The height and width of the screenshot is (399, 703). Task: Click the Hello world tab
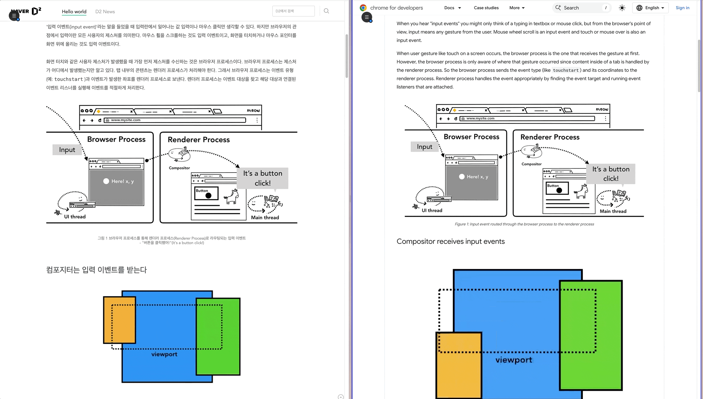click(x=74, y=12)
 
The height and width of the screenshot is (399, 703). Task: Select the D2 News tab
click(x=105, y=12)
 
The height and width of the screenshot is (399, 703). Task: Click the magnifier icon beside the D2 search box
click(x=326, y=11)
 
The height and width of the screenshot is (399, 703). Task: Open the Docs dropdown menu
click(x=453, y=8)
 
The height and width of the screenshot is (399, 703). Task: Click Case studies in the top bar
click(x=486, y=8)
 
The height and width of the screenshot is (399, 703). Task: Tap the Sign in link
click(x=682, y=8)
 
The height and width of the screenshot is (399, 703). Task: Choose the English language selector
click(x=650, y=8)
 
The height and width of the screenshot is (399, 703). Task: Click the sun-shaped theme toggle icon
click(x=622, y=8)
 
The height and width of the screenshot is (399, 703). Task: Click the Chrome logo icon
click(x=363, y=8)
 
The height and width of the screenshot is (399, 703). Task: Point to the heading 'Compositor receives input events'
click(x=450, y=241)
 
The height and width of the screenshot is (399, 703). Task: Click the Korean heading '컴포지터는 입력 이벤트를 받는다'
click(x=96, y=270)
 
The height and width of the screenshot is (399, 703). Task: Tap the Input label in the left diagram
click(x=67, y=150)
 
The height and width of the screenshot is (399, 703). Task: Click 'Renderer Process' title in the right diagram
click(x=550, y=137)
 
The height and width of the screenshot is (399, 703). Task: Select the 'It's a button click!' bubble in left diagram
click(x=262, y=178)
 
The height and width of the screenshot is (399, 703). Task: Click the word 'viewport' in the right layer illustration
click(x=514, y=360)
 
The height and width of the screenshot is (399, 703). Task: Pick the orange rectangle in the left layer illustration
click(x=120, y=320)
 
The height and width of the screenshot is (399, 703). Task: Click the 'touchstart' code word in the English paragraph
click(x=566, y=70)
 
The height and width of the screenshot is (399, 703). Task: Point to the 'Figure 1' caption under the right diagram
click(x=524, y=224)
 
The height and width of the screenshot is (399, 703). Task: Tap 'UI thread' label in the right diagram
click(x=432, y=210)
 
